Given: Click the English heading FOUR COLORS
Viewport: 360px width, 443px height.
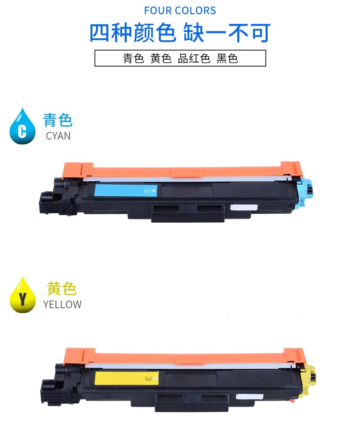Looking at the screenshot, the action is pos(180,11).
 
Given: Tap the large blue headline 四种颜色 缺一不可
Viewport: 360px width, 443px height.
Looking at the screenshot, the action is pos(180,33).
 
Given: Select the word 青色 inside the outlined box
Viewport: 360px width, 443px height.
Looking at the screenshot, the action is pos(133,58).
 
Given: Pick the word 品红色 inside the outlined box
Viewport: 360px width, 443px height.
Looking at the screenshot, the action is pos(194,58).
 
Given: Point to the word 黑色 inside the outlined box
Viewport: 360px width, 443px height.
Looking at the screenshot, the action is pos(227,58).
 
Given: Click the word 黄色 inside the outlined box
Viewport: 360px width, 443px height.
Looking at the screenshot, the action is pos(161,58).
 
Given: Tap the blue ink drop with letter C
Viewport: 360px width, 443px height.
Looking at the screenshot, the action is pos(23,126).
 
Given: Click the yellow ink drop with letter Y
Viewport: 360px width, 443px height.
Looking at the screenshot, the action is pos(23,295).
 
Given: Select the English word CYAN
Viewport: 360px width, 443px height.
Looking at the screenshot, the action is pos(58,136).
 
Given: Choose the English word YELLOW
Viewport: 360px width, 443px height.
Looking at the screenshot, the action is pos(62,305).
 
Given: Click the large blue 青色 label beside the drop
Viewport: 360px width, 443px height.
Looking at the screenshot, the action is pos(58,120).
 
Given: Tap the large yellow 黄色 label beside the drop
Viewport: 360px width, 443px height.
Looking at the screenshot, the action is pos(61,289).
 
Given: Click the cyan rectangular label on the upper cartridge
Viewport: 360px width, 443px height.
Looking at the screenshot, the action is pos(126,190).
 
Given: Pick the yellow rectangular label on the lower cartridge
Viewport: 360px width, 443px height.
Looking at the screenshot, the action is pos(127,378).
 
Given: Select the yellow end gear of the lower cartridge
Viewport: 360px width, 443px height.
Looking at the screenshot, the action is pos(309,380).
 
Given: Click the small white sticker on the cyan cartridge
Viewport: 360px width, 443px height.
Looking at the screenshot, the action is pos(244,208).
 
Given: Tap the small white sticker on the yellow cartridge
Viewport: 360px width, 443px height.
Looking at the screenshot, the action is pos(249,396).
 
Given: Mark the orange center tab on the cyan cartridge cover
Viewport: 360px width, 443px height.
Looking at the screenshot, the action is pos(187,173).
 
